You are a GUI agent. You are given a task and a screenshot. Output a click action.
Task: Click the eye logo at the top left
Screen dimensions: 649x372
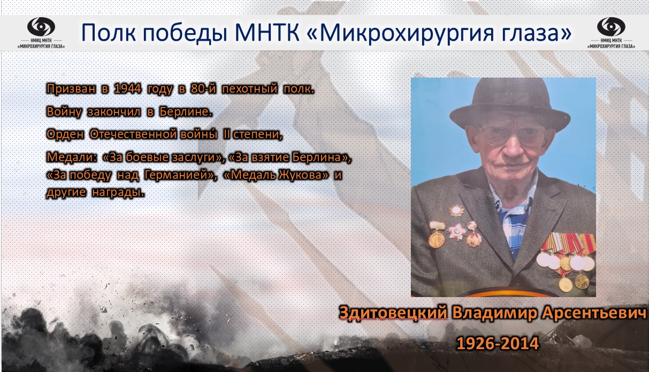coord(41,27)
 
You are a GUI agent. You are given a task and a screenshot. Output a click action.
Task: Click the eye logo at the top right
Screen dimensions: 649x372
coord(611,27)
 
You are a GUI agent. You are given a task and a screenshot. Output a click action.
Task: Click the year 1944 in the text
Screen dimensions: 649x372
coord(128,88)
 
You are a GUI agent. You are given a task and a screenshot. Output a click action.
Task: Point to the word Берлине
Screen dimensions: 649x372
coord(186,111)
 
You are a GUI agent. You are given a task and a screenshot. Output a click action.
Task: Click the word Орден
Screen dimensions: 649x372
coord(65,134)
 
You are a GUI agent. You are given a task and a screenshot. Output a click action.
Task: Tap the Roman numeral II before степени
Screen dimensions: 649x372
coord(227,134)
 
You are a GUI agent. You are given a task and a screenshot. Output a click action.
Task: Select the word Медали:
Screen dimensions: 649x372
coord(71,157)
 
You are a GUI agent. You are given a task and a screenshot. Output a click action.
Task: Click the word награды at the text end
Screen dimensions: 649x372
coord(118,193)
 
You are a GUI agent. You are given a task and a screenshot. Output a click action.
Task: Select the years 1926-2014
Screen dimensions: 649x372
coord(498,343)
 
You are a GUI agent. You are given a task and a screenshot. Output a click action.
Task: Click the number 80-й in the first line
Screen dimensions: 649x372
coord(203,88)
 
